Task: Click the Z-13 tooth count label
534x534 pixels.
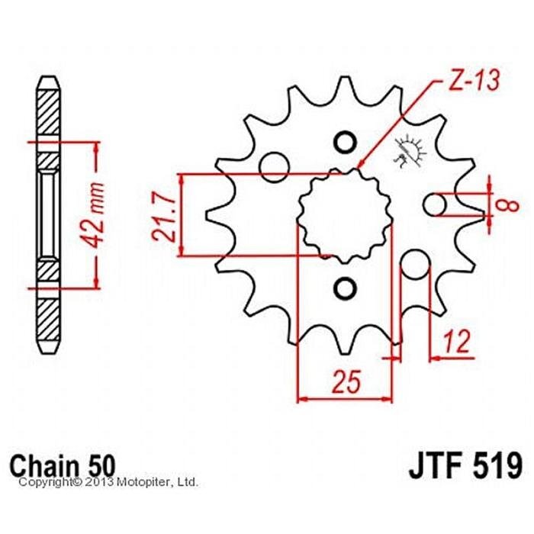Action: pyautogui.click(x=474, y=80)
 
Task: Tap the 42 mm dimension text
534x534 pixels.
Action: pyautogui.click(x=94, y=214)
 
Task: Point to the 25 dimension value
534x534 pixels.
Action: pyautogui.click(x=346, y=381)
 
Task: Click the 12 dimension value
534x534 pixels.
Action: pyautogui.click(x=458, y=340)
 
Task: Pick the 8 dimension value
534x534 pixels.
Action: pyautogui.click(x=509, y=205)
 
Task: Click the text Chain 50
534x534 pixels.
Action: pyautogui.click(x=63, y=465)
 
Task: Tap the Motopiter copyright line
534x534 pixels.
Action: pyautogui.click(x=108, y=482)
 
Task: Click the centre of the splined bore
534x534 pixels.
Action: pyautogui.click(x=345, y=216)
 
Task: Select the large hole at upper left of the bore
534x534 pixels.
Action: pyautogui.click(x=274, y=167)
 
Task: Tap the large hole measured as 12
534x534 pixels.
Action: pyautogui.click(x=415, y=264)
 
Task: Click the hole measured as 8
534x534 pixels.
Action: pyautogui.click(x=435, y=204)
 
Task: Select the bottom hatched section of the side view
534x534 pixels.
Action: pyautogui.click(x=48, y=320)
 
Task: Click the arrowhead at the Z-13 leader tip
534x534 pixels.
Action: pyautogui.click(x=360, y=164)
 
